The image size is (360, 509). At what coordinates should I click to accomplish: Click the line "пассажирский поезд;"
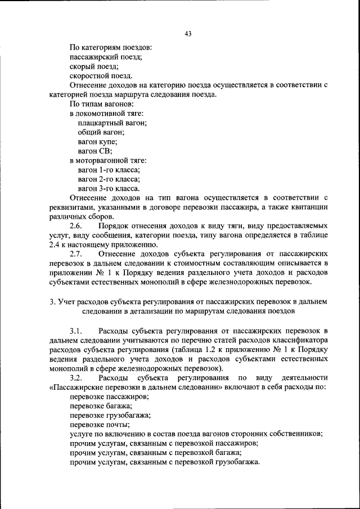(x=105, y=57)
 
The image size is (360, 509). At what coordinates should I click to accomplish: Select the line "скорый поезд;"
(x=94, y=66)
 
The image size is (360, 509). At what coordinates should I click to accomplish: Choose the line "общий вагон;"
(x=101, y=132)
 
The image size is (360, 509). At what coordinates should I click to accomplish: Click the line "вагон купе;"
(x=97, y=142)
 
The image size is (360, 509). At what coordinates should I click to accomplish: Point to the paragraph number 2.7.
(x=76, y=254)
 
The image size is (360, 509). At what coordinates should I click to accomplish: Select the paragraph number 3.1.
(x=76, y=330)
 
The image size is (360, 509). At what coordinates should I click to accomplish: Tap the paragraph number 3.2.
(x=76, y=377)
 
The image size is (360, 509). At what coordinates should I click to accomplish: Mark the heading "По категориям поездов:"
(x=110, y=48)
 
